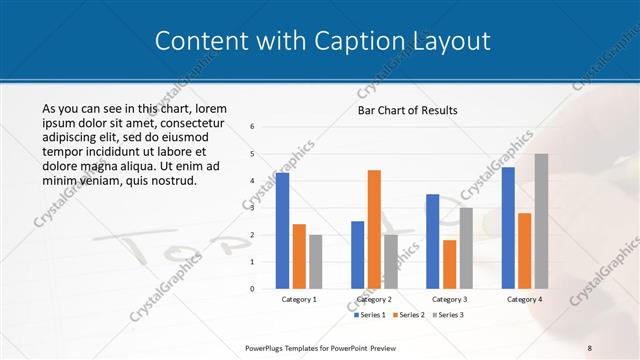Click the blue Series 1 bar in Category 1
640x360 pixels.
(x=282, y=230)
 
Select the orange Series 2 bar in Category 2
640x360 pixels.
(x=374, y=229)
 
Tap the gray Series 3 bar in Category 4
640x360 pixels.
(x=541, y=221)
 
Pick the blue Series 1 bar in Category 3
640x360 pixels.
(x=432, y=241)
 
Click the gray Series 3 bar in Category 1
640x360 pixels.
(x=316, y=261)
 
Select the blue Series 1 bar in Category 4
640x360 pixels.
(x=508, y=227)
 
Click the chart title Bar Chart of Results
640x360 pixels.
(x=407, y=110)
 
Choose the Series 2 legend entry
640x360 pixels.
(x=407, y=315)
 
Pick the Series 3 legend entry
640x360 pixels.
(x=446, y=315)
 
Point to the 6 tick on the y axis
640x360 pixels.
(x=252, y=127)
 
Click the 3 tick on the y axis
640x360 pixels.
(x=252, y=208)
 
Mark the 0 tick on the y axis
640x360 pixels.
(x=252, y=289)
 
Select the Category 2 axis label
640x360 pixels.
(x=374, y=299)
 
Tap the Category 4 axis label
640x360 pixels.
(x=524, y=299)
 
